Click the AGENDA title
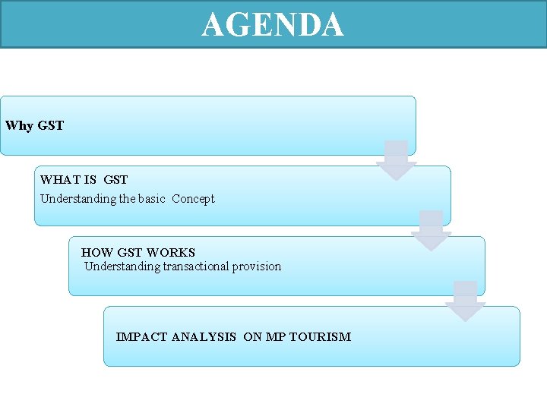tap(273, 24)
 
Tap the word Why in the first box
tap(19, 125)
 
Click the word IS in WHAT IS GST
tap(90, 180)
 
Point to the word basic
tap(152, 199)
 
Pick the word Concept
tap(193, 199)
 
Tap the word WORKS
tap(171, 252)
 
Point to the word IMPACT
tap(142, 336)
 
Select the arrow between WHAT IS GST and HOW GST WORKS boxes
tap(432, 231)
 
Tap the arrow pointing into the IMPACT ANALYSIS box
tap(465, 301)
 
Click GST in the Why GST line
tap(50, 125)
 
